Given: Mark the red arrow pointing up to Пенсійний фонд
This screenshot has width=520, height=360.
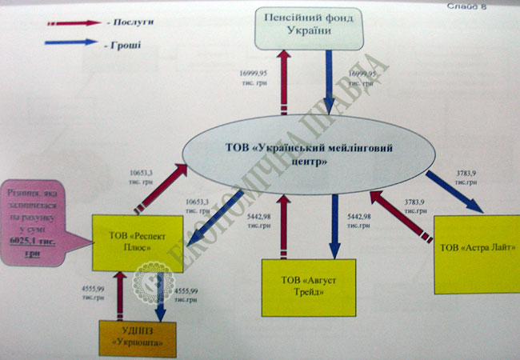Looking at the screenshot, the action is click(x=284, y=84).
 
